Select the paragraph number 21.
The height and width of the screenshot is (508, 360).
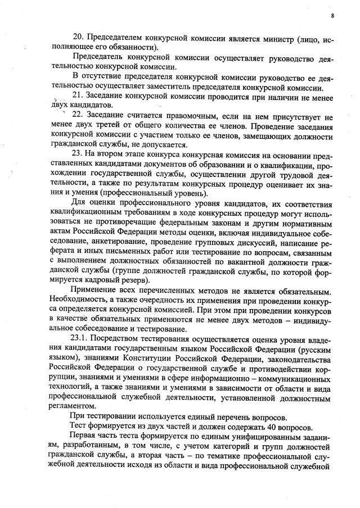[78, 94]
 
